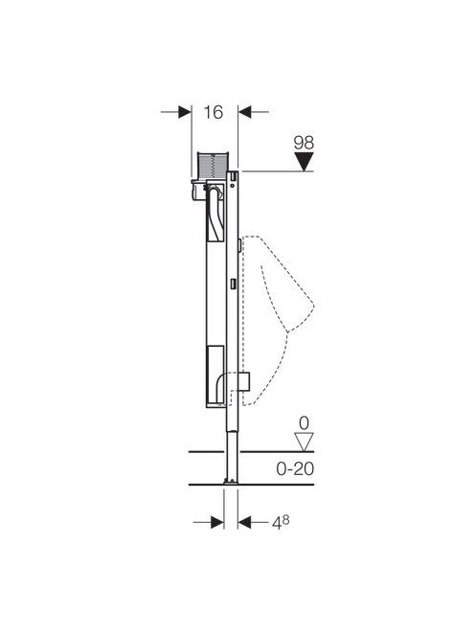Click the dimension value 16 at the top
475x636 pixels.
(x=213, y=112)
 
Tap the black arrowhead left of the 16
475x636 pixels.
(x=185, y=111)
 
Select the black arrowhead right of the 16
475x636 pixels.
(x=244, y=111)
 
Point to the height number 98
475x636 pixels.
(x=304, y=143)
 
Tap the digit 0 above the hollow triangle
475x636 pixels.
(x=304, y=423)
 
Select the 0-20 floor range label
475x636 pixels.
(x=295, y=469)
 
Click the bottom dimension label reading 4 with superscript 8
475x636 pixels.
(x=281, y=522)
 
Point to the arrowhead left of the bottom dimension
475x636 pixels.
(x=217, y=522)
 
